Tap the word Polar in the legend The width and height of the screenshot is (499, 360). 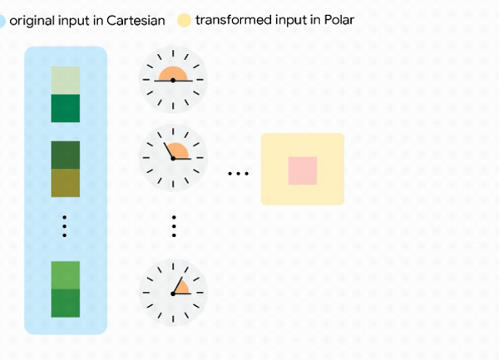click(x=338, y=19)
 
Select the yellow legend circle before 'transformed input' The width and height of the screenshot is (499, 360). click(x=184, y=19)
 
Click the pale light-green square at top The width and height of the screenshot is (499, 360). click(x=66, y=81)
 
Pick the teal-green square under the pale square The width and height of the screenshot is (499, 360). click(x=66, y=108)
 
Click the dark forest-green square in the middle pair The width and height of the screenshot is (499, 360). click(x=66, y=155)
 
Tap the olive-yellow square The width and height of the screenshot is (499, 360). click(x=66, y=183)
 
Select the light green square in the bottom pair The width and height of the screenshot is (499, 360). click(x=66, y=275)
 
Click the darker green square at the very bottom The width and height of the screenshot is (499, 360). click(x=66, y=303)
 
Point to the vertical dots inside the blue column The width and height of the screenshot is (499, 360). click(x=65, y=227)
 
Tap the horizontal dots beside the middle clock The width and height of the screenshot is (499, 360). click(x=239, y=174)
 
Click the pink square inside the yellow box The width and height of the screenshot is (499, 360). click(x=303, y=170)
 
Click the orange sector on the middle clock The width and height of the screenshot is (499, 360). click(x=179, y=150)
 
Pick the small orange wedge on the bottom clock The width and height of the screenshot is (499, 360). click(x=181, y=287)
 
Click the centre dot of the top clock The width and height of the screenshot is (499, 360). click(x=173, y=80)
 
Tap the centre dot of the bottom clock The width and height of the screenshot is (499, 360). click(x=173, y=293)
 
